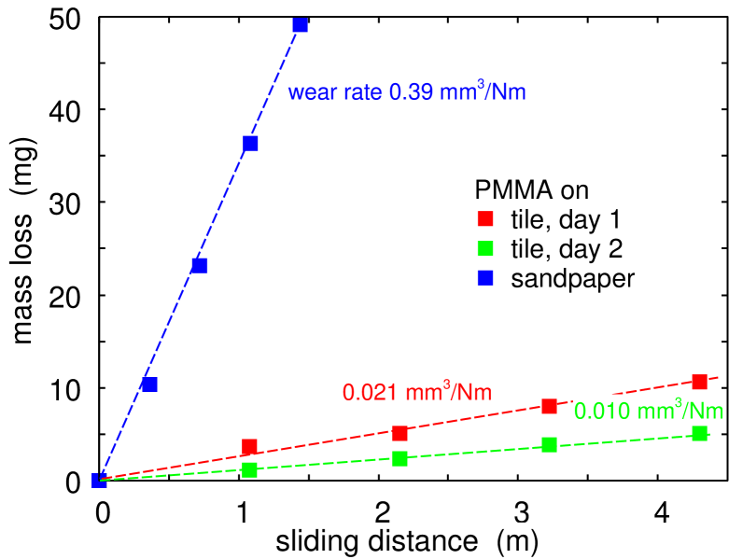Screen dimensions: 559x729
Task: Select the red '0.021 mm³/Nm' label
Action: tap(416, 392)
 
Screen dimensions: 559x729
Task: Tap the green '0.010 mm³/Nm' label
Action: tap(647, 411)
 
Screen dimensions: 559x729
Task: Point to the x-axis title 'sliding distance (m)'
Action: tap(408, 540)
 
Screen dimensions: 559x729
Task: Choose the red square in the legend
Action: tap(485, 218)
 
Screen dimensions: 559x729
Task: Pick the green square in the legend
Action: tap(485, 248)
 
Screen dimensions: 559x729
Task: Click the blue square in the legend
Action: tap(485, 277)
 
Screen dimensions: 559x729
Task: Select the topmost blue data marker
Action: tap(300, 25)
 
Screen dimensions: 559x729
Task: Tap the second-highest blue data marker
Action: tap(250, 143)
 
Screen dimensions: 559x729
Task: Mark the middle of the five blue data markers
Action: tap(200, 265)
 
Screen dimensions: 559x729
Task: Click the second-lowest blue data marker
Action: tap(149, 384)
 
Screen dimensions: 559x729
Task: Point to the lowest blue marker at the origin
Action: tap(99, 481)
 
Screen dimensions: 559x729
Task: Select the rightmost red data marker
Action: tap(699, 381)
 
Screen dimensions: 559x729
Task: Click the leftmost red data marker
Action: tap(249, 447)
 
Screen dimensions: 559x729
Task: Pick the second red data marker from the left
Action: tap(400, 433)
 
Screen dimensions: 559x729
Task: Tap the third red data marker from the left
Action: tap(549, 406)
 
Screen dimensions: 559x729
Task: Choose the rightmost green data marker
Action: tap(699, 433)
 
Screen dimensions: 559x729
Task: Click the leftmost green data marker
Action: tap(249, 469)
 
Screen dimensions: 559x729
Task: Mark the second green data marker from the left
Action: tap(400, 458)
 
